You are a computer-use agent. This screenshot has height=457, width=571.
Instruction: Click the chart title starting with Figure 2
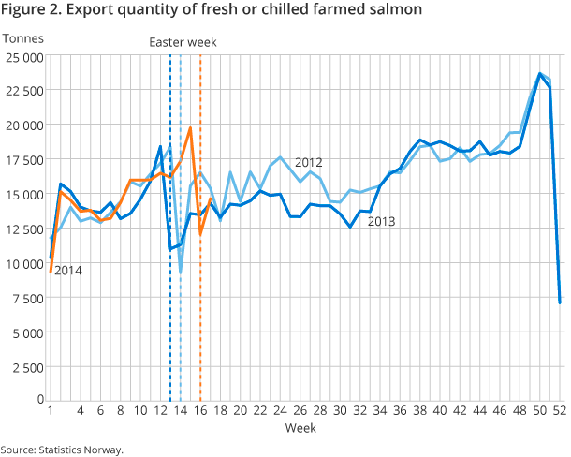coord(212,10)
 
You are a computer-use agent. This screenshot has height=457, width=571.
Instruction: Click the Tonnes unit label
coord(22,38)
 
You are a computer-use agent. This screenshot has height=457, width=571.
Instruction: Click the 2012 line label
coord(309,162)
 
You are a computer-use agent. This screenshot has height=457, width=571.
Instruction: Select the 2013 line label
coord(381,222)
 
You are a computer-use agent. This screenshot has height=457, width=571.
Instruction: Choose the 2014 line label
coord(67,271)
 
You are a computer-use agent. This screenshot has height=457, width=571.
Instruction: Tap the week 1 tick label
coord(50,410)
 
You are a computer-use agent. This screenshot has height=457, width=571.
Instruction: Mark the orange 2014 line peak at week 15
coord(190,128)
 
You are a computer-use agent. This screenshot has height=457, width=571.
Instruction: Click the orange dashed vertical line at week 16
coord(200,281)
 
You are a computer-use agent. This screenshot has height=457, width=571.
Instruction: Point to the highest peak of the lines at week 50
coord(540,73)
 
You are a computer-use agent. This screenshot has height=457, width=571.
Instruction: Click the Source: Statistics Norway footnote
coord(62,449)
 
